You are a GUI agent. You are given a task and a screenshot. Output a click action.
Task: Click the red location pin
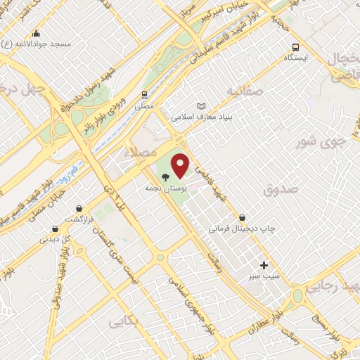point(181,165)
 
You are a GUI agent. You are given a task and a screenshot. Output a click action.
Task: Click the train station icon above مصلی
point(144,94)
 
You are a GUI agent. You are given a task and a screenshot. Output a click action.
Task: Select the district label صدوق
point(281,189)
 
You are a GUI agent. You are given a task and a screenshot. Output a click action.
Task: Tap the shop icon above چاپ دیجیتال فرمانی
point(243,218)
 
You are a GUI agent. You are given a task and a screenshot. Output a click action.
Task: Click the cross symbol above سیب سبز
point(264,265)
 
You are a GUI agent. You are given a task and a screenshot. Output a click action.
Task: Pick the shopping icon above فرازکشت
point(79,208)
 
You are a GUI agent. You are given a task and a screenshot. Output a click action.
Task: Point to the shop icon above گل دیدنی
point(56,229)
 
